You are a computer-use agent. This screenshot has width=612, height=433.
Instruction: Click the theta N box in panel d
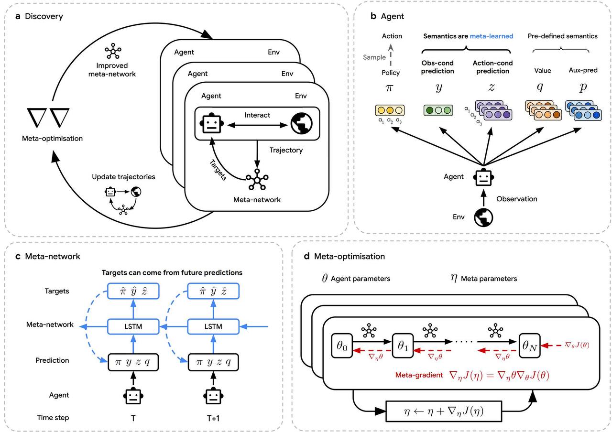[529, 346]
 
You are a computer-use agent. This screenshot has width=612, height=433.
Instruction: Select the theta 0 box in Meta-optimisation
[342, 346]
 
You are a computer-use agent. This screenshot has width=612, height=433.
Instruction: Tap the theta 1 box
[403, 346]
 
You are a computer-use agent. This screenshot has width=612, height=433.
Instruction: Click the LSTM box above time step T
[133, 326]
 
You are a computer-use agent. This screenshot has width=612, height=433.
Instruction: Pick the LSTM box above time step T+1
[213, 326]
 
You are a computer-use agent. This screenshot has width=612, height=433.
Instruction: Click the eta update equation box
[444, 411]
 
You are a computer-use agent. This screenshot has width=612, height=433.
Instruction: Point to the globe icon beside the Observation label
[483, 217]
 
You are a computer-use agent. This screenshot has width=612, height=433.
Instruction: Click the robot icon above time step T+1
[213, 396]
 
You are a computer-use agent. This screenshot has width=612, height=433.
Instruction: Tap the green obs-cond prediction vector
[438, 110]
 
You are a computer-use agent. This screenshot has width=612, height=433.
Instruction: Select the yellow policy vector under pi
[390, 110]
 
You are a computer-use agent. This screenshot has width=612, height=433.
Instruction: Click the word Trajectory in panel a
[286, 150]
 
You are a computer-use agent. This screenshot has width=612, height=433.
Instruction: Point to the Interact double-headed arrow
[257, 125]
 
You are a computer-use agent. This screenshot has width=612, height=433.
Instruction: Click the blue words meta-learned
[492, 36]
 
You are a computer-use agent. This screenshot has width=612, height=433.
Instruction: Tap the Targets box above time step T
[133, 291]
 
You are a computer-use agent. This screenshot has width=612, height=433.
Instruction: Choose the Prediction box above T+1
[213, 362]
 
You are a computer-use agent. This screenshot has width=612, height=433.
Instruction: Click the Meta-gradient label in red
[419, 375]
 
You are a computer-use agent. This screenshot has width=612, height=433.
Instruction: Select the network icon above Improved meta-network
[113, 51]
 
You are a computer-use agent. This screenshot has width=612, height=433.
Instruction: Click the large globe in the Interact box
[302, 124]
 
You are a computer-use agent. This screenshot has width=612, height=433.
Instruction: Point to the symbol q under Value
[540, 87]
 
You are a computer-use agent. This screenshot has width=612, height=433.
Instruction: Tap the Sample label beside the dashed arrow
[374, 57]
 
